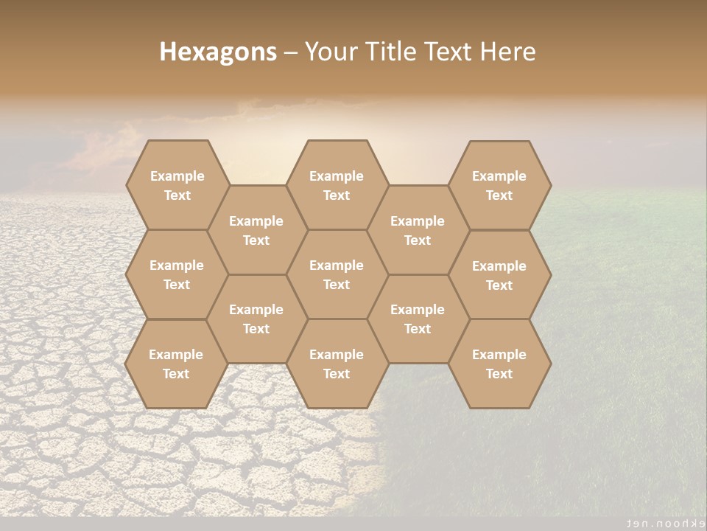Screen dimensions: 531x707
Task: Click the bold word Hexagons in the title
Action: click(218, 52)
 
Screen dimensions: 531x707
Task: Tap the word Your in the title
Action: click(330, 52)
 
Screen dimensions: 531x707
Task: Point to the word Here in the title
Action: click(507, 52)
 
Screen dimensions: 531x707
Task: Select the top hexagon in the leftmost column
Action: click(177, 185)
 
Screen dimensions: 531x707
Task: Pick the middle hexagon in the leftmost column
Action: click(177, 274)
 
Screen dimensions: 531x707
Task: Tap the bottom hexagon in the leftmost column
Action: click(176, 364)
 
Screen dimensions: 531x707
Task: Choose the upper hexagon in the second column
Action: click(256, 230)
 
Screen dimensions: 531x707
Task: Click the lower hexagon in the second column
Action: click(256, 319)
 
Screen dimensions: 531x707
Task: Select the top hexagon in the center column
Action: click(337, 185)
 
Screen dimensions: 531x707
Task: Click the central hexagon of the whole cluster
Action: click(337, 274)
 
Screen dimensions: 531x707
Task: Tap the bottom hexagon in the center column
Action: click(337, 364)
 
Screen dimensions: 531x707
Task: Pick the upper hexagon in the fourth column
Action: click(418, 230)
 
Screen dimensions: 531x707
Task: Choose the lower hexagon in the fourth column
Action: click(418, 319)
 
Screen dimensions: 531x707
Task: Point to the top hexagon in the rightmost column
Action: click(499, 185)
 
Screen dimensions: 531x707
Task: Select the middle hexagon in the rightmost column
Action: click(499, 275)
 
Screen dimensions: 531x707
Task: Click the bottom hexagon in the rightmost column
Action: click(499, 364)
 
